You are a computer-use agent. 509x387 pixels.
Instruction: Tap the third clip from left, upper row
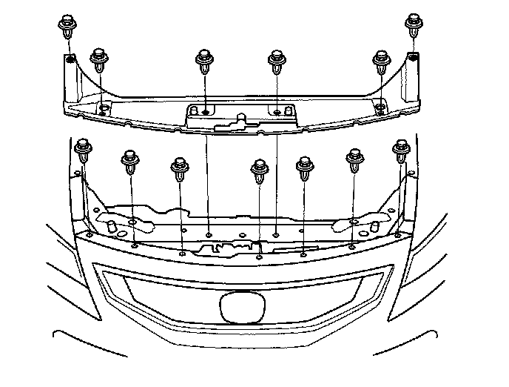203,61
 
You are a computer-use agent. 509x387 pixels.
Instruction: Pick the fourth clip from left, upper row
277,61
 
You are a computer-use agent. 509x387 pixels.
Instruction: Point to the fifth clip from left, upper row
381,61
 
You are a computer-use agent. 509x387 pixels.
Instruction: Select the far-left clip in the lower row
84,150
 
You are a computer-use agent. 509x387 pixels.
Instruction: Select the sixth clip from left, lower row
355,160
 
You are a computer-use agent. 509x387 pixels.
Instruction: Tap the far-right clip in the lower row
402,150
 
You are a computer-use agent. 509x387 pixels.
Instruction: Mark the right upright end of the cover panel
412,79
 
